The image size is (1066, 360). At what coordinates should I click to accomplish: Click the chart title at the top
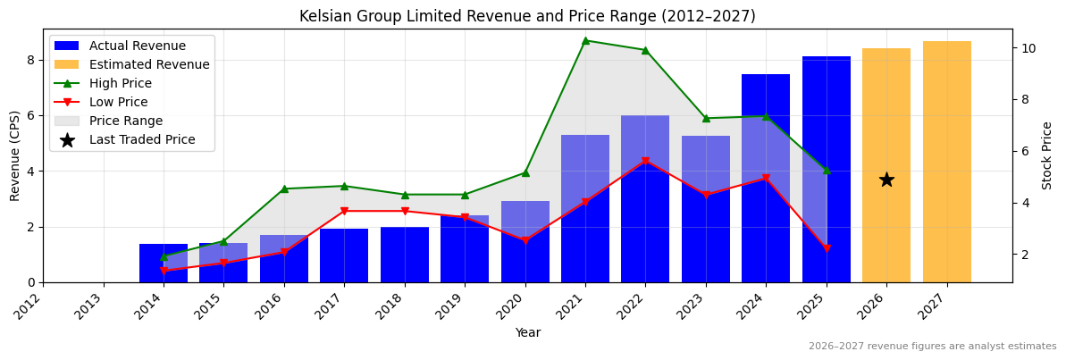coord(527,16)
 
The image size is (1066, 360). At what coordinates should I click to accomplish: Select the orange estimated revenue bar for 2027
coord(946,161)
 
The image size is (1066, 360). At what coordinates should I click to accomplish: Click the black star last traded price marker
coord(886,180)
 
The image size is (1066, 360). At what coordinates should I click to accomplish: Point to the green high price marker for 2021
coord(585,40)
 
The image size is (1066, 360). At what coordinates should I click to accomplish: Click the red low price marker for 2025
coord(827,248)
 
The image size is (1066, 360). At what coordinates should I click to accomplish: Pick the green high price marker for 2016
coord(284,188)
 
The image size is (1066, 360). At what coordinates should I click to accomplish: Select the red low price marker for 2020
coord(525,240)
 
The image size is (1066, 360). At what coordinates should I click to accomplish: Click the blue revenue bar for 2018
coord(405,255)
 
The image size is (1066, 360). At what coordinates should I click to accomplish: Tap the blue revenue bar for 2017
coord(344,255)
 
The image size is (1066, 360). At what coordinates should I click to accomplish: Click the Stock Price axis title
coord(1047,155)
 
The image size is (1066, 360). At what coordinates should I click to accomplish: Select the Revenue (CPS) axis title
coord(15,155)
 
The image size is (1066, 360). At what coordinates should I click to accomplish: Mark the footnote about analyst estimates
coord(932,347)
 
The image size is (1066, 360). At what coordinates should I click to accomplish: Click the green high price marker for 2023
coord(706,118)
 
